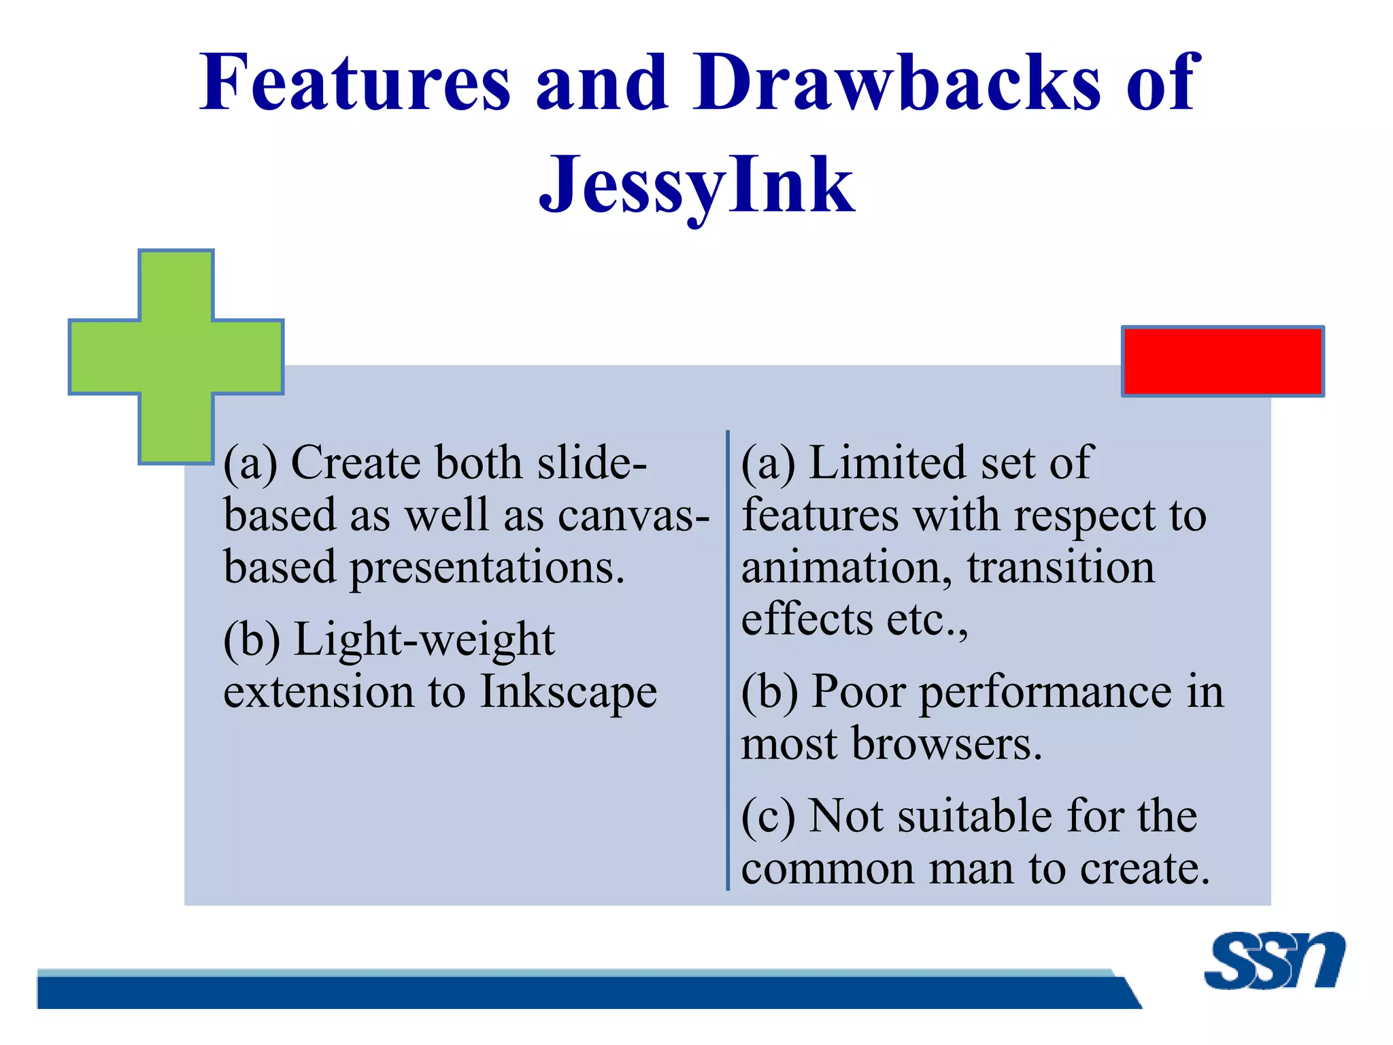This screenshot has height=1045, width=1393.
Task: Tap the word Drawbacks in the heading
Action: pyautogui.click(x=896, y=83)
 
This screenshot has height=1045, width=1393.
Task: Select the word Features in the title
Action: pyautogui.click(x=354, y=83)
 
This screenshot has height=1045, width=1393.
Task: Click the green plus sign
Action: pyautogui.click(x=176, y=356)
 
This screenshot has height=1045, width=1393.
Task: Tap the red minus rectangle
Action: pyautogui.click(x=1222, y=361)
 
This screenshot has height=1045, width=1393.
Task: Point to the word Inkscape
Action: pyautogui.click(x=569, y=692)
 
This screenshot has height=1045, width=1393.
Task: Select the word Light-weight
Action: pyautogui.click(x=424, y=640)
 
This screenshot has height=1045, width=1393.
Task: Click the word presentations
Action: pyautogui.click(x=486, y=567)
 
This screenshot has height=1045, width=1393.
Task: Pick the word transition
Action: pyautogui.click(x=1060, y=567)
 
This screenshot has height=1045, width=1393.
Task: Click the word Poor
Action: pyautogui.click(x=858, y=692)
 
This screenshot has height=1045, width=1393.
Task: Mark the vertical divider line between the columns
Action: pyautogui.click(x=728, y=660)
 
